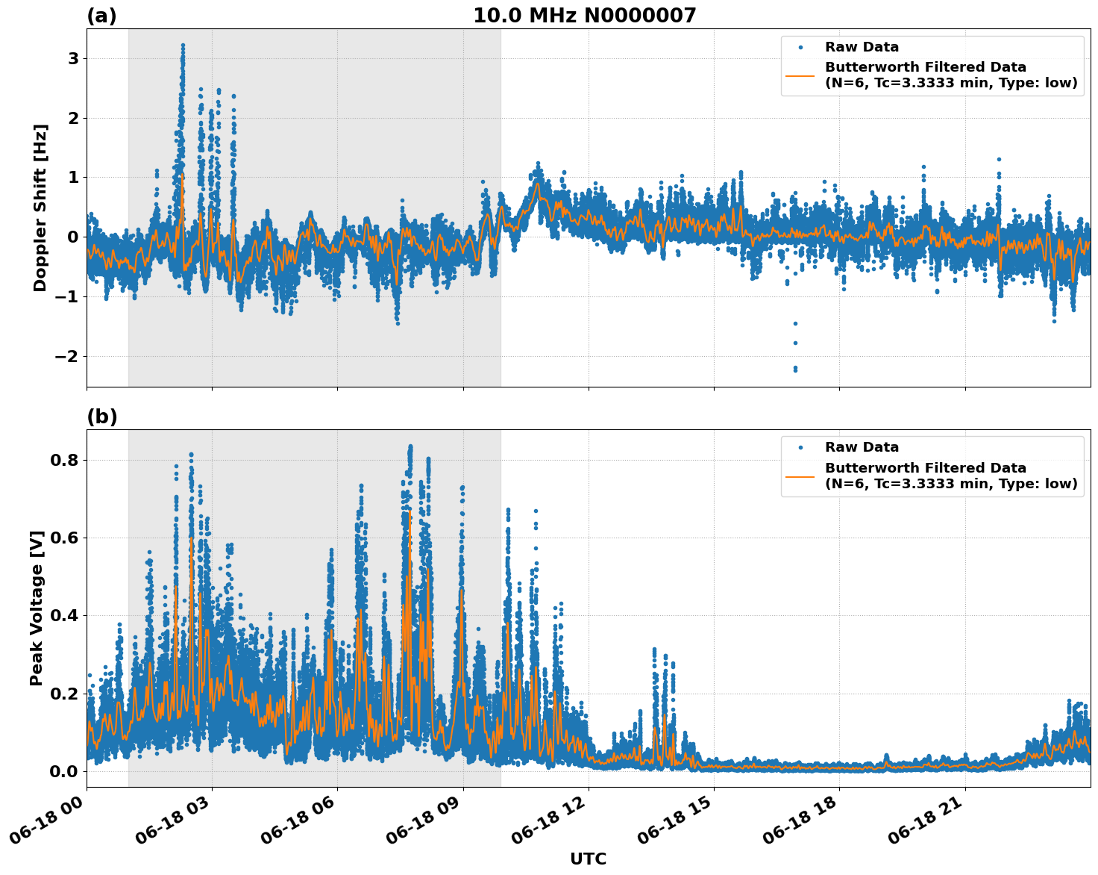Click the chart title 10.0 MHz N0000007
click(x=584, y=16)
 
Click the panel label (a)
click(x=101, y=16)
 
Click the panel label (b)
click(x=101, y=417)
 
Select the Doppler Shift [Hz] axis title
click(x=40, y=208)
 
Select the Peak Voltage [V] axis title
click(x=37, y=608)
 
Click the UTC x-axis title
click(x=588, y=859)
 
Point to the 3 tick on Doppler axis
click(x=73, y=58)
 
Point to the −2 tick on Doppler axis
click(x=67, y=356)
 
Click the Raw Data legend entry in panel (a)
click(x=862, y=47)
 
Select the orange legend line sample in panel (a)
click(x=800, y=75)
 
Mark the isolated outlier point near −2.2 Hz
click(x=795, y=369)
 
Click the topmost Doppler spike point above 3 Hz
click(x=183, y=46)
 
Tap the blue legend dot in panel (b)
click(x=800, y=447)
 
